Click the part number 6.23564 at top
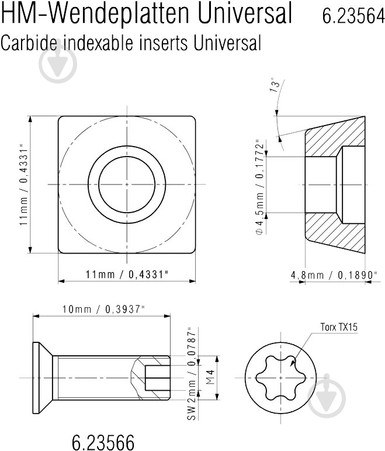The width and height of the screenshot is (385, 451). click(353, 15)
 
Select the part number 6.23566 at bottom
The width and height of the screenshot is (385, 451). click(103, 442)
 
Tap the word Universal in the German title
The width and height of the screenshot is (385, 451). click(245, 13)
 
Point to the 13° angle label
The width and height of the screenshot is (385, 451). click(275, 85)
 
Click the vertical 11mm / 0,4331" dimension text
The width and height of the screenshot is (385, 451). click(23, 185)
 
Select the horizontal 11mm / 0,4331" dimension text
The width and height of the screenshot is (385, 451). click(127, 274)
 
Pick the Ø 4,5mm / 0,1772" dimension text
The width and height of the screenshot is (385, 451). click(259, 187)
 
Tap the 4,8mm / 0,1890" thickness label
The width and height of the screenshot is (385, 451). click(334, 275)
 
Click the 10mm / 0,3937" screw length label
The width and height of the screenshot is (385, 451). click(103, 309)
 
